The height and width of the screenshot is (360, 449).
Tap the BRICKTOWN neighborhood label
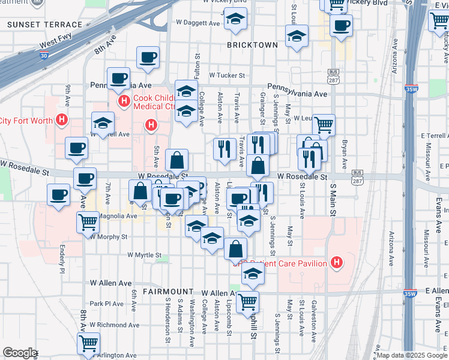(253, 45)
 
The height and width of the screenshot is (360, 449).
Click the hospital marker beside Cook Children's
(124, 100)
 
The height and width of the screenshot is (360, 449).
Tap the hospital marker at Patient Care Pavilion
(337, 262)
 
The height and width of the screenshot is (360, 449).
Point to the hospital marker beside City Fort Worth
(61, 120)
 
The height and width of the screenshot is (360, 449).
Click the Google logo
(20, 353)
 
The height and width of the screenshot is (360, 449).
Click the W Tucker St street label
(228, 76)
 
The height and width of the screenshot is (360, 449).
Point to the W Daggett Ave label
(198, 23)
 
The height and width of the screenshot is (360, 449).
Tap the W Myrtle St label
(145, 255)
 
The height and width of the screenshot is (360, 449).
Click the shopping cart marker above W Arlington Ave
(88, 343)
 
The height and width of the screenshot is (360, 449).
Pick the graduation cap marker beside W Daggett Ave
(235, 19)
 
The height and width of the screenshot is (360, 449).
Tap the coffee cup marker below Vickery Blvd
(341, 26)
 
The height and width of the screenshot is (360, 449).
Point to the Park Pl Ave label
(106, 304)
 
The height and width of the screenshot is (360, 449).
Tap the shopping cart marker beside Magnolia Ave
(88, 222)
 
